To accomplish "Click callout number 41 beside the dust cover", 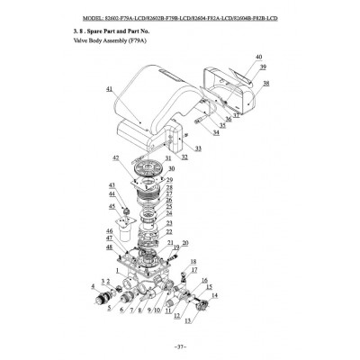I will [x=109, y=90].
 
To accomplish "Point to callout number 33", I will [x=198, y=148].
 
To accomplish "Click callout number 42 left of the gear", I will [x=115, y=157].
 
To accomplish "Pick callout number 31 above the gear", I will [x=168, y=157].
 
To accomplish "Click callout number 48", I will [x=109, y=247].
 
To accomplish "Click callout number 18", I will [x=193, y=260].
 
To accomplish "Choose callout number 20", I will [x=185, y=243].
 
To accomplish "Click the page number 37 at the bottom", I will [x=180, y=345].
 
